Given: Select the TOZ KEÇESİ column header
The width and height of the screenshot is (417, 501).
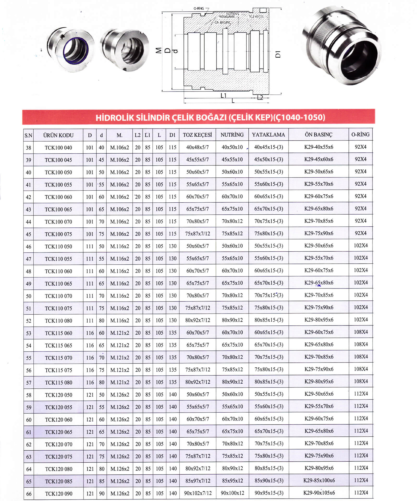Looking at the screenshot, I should pos(197,135).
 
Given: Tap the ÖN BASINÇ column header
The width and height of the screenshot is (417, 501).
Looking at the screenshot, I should pos(318,135).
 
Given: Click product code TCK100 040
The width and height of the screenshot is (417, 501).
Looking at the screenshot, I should pos(58,148).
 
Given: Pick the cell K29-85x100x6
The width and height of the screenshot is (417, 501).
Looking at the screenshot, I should pos(319,480).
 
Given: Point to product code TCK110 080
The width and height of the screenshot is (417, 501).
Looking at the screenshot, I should pos(58,321).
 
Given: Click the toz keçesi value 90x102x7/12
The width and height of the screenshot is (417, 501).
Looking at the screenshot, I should pos(198,493).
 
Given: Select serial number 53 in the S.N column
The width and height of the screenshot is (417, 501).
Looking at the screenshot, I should pos(28,333).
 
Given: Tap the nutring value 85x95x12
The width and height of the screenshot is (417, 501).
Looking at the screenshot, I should pos(232,481).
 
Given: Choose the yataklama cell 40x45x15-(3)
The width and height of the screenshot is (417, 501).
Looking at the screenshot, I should pos(268,147).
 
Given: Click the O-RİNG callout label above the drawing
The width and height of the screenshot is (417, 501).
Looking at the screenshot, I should pos(199,9).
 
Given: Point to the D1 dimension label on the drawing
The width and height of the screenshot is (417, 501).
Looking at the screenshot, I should pos(278,54).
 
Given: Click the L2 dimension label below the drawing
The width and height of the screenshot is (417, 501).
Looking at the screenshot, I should pos(260,98).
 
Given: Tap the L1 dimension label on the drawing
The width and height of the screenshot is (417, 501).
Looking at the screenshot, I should pos(223,95).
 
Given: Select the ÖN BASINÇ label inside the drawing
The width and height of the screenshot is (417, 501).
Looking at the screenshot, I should pos(223,22).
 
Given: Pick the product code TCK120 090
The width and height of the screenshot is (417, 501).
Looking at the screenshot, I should pos(58,494).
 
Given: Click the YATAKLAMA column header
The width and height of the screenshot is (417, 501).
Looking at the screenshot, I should pos(268,135).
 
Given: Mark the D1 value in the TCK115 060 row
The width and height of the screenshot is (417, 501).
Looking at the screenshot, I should pos(173,333).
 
